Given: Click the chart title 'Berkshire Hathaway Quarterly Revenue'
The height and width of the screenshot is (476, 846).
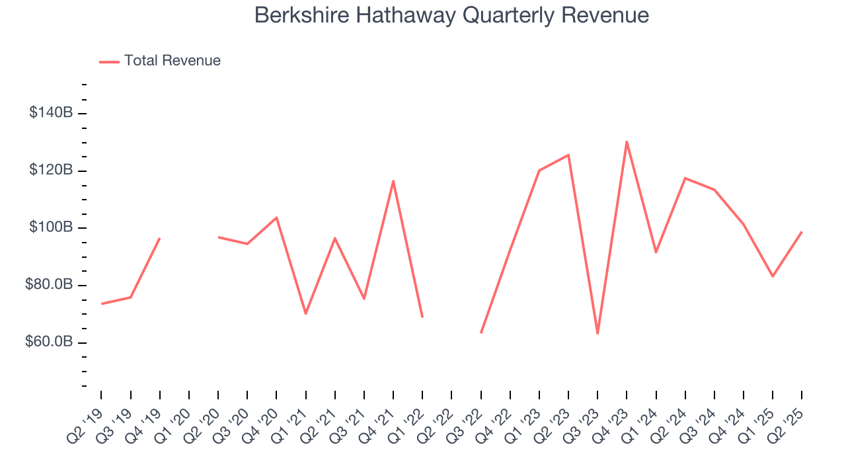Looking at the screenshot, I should (x=451, y=15).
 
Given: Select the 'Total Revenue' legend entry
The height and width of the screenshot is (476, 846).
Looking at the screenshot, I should (x=172, y=61).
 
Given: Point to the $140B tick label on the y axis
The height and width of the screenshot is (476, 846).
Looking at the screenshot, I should (x=51, y=113).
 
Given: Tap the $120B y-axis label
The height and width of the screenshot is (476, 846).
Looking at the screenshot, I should (x=51, y=171).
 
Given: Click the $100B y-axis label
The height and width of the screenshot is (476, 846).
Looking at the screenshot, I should (x=51, y=227).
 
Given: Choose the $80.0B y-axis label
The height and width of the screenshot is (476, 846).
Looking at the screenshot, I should (x=50, y=285).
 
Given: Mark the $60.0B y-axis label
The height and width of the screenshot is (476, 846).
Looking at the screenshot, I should (x=50, y=342).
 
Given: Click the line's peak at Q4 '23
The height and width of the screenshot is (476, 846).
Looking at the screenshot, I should (x=627, y=141).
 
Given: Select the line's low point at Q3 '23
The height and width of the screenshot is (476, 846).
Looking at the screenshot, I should (x=597, y=333).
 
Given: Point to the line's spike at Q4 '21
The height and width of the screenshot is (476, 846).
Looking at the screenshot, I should (x=393, y=181).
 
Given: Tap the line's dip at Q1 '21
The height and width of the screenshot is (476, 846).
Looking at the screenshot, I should (x=306, y=313).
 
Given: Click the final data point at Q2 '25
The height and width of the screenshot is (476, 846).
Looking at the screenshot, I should (x=802, y=232).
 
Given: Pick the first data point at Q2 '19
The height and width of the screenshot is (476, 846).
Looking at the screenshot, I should (x=102, y=303).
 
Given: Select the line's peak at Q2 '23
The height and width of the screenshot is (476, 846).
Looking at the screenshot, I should (x=568, y=155).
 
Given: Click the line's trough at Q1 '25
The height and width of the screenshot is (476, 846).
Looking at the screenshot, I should (x=773, y=276).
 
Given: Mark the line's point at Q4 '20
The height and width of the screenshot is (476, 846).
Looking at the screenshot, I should (x=276, y=218).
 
